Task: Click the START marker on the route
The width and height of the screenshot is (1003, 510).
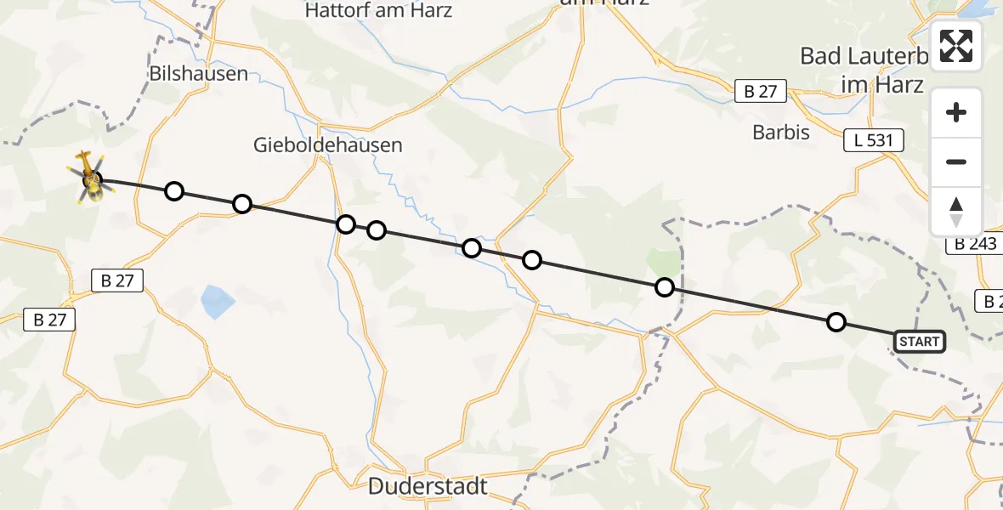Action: click(x=919, y=342)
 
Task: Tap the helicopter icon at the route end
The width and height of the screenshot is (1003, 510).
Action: click(x=91, y=178)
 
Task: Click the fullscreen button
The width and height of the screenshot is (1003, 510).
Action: click(x=956, y=46)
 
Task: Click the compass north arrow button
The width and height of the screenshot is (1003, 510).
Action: click(x=956, y=212)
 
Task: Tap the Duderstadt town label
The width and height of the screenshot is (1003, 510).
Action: click(x=428, y=486)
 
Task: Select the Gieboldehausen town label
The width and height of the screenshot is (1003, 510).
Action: click(x=327, y=145)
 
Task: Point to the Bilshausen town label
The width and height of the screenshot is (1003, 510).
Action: click(x=198, y=73)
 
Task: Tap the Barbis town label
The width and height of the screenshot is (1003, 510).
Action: click(x=781, y=132)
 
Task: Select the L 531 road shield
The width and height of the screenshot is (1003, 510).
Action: click(x=873, y=140)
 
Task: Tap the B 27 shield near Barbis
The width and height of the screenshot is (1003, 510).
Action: click(x=761, y=92)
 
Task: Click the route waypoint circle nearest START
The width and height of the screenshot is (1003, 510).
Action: click(x=836, y=322)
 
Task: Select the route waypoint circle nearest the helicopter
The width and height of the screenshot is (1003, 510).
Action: click(x=174, y=190)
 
